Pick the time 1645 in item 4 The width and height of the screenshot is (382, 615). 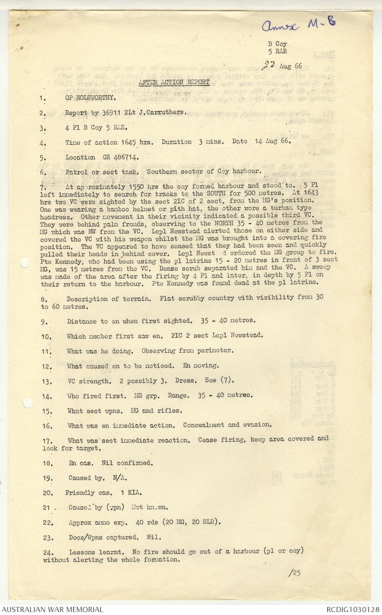[x=128, y=142]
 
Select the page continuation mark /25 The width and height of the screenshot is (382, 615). [x=294, y=573]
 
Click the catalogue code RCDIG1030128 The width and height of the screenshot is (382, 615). [x=353, y=609]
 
